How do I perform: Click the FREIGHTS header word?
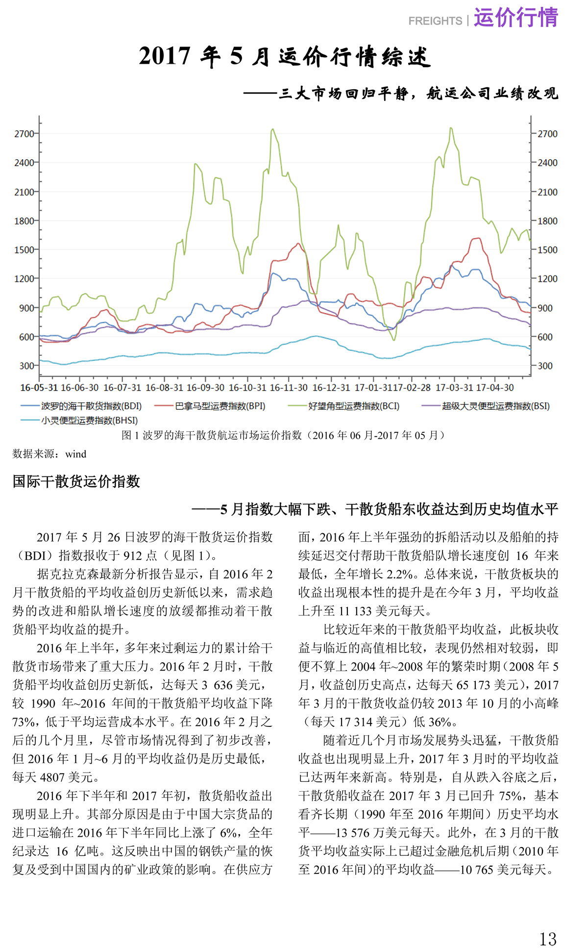click(435, 21)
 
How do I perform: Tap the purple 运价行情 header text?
click(515, 18)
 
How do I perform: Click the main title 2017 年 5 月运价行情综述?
click(285, 56)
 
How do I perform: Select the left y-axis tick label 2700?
click(24, 134)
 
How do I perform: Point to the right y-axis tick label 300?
click(545, 366)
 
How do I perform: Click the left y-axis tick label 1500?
click(24, 250)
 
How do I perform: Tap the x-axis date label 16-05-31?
click(39, 388)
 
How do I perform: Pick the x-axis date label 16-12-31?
click(331, 388)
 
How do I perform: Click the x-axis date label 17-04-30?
click(495, 388)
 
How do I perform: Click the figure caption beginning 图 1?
click(285, 435)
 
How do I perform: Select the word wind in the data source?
click(76, 454)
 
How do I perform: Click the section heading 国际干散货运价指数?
click(76, 481)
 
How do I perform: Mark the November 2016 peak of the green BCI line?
click(272, 129)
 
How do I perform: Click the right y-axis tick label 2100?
click(547, 192)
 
